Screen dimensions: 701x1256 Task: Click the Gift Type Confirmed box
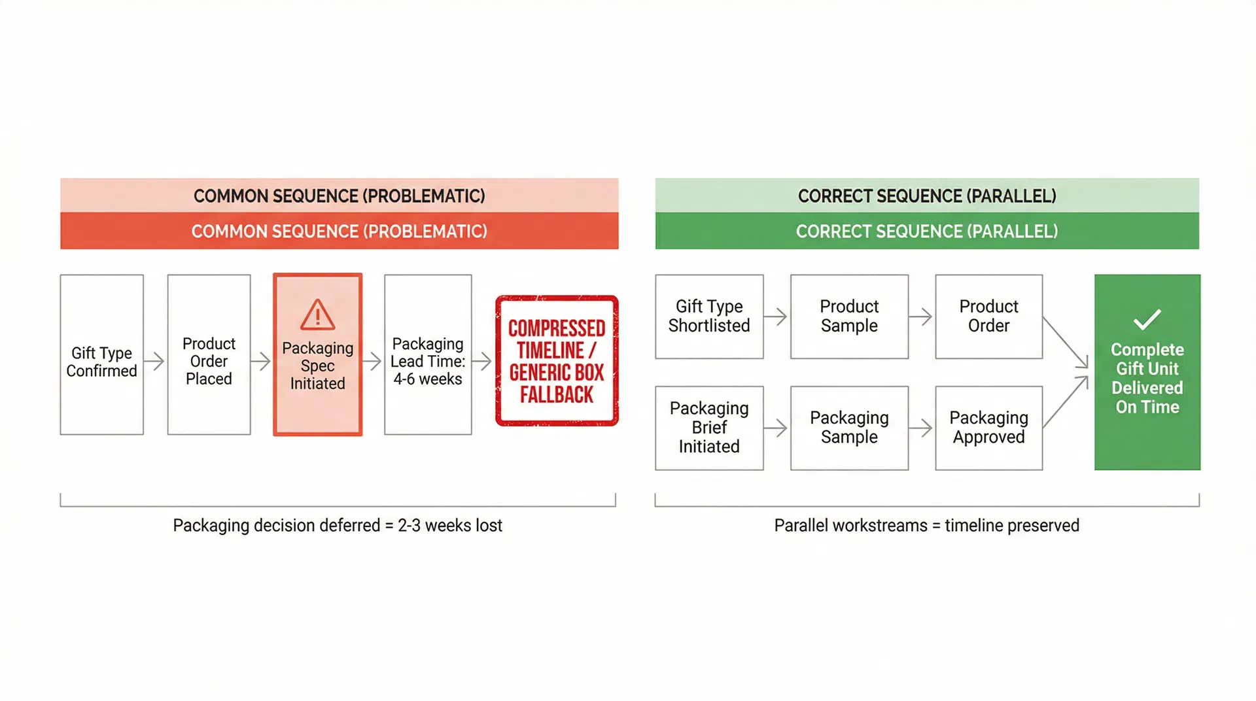tap(101, 354)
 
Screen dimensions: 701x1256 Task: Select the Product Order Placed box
tap(209, 354)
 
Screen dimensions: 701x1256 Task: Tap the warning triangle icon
tap(318, 315)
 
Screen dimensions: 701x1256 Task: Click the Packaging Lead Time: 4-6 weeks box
tap(428, 354)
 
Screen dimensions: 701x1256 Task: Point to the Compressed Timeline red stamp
tap(557, 361)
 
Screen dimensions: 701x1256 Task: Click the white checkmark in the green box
tap(1147, 319)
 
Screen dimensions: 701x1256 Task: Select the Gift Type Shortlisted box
tap(709, 316)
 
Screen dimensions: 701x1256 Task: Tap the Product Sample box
tap(849, 316)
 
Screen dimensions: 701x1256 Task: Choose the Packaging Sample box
tap(849, 428)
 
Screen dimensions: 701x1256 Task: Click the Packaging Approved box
tap(988, 428)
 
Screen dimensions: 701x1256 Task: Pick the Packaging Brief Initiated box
tap(709, 428)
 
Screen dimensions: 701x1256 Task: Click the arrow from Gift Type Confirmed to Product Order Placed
tap(155, 361)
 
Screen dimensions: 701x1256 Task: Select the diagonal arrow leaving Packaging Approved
tap(1066, 402)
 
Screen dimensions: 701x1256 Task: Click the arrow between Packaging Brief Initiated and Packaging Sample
tap(776, 428)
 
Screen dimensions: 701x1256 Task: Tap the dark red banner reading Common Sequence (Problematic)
tap(339, 231)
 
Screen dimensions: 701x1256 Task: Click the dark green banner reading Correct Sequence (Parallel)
tap(927, 231)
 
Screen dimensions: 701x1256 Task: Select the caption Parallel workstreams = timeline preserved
tap(926, 526)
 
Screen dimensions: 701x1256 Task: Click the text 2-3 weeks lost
tap(450, 526)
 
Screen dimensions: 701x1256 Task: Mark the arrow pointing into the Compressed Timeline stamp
tap(483, 361)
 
